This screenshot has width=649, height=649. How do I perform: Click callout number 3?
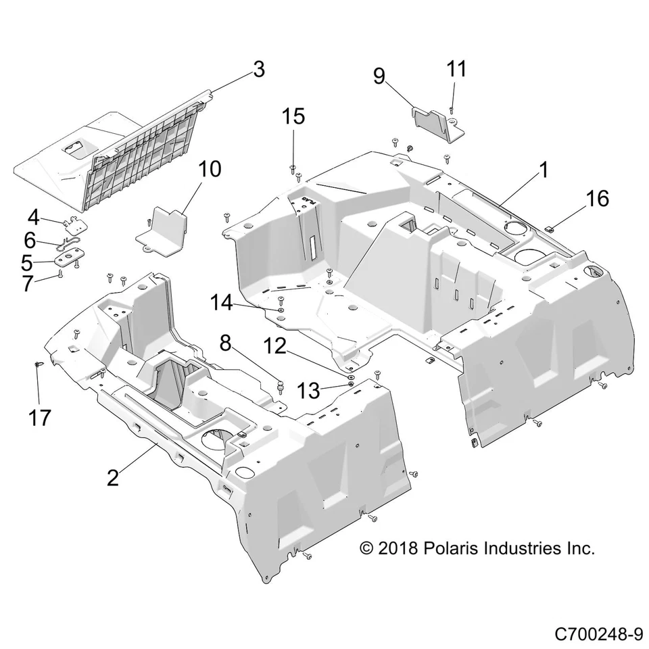[258, 69]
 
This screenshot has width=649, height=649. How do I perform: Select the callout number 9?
[379, 76]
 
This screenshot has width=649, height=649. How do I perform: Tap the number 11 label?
[456, 69]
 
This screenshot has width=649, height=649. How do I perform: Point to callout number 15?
[293, 116]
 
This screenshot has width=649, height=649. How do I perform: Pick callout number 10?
[210, 168]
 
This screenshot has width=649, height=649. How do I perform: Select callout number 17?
[40, 418]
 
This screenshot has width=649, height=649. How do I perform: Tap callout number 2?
[113, 477]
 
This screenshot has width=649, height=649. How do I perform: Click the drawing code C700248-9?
[598, 634]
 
